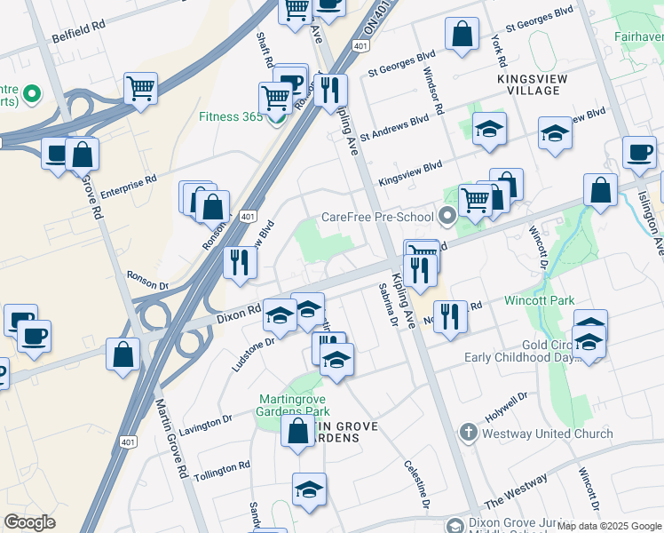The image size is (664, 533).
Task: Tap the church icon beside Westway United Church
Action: [x=469, y=434]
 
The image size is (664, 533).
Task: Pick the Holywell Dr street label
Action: [x=507, y=406]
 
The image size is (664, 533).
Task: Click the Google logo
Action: [x=30, y=522]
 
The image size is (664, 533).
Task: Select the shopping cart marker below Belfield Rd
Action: [x=140, y=89]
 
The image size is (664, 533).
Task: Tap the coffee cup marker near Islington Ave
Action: [x=639, y=153]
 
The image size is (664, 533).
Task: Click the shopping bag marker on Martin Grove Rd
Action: [x=123, y=353]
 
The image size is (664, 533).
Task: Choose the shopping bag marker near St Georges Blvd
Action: [x=462, y=36]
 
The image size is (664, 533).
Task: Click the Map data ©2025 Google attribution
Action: [x=609, y=526]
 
